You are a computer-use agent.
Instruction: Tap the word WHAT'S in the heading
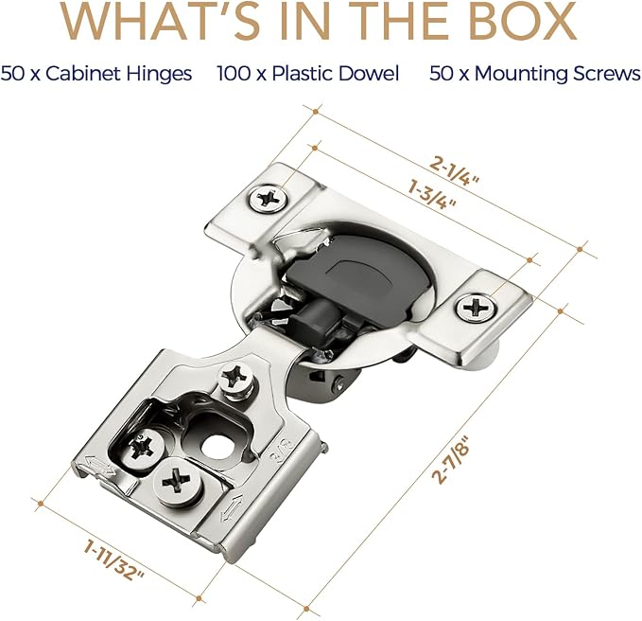coord(162,21)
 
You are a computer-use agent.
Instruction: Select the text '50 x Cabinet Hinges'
coord(96,74)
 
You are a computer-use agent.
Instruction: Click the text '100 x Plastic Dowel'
coord(308,74)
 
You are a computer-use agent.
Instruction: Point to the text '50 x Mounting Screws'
coord(535,74)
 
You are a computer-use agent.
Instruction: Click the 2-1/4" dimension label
coord(455,171)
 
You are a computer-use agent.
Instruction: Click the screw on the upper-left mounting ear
coord(269,199)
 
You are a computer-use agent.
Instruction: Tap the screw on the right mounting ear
coord(477,308)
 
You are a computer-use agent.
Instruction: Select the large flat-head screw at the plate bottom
coord(179,482)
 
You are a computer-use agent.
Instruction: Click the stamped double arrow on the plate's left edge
coord(97,466)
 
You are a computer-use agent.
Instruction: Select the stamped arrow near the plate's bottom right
coord(233,507)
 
